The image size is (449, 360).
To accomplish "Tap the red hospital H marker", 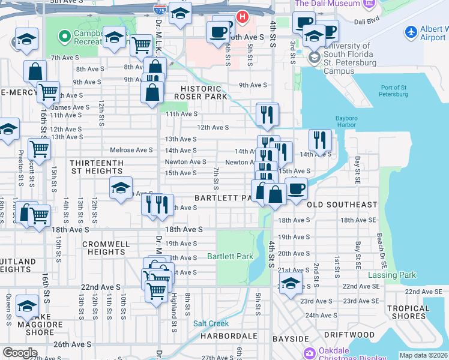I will (242, 16).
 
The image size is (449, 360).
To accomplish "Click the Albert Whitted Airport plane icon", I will (411, 31).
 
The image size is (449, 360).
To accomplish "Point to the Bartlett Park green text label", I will (230, 256).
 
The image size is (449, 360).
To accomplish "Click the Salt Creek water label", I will (211, 323).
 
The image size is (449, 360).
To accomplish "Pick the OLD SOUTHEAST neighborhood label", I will (342, 205).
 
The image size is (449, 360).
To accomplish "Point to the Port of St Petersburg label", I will (393, 91).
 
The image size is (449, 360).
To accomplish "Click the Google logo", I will (20, 353).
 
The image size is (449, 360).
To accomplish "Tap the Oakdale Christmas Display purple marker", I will (310, 352).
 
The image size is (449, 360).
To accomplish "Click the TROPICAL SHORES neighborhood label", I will (408, 313).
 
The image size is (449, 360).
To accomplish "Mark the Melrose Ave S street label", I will (131, 150).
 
